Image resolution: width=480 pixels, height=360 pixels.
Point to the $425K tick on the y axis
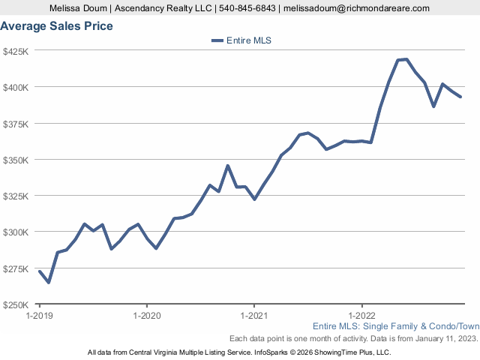16,52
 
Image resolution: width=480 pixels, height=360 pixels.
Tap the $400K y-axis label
16,88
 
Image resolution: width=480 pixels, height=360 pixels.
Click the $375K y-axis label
16,124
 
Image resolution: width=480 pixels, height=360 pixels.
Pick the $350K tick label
16,160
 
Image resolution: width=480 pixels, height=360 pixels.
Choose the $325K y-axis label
16,196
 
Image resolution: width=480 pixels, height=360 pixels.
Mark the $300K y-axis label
16,232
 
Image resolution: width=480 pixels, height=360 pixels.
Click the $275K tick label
16,268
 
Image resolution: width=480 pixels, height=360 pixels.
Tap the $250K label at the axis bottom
16,304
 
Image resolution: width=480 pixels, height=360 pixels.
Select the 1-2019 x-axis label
39,316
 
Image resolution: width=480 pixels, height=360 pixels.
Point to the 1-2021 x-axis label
254,316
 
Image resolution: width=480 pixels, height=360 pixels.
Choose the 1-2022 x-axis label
362,316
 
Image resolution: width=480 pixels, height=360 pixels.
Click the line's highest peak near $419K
406,59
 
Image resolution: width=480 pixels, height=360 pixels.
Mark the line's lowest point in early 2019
49,282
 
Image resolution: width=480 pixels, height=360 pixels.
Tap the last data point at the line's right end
460,97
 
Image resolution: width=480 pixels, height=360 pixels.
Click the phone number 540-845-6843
247,8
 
